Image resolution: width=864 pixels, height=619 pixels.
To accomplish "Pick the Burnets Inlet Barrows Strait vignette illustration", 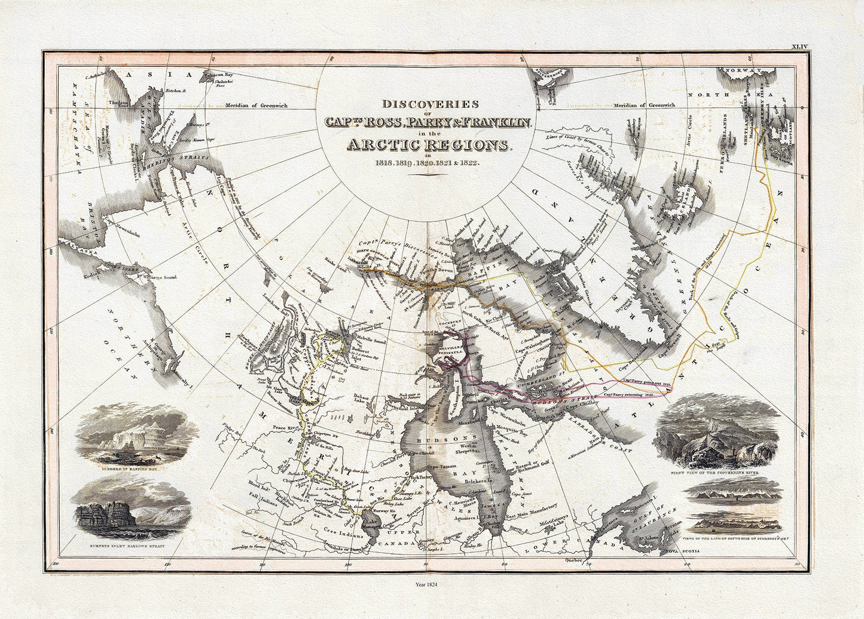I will click(135, 511).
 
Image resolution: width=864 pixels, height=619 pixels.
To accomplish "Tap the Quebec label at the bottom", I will click(575, 562).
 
